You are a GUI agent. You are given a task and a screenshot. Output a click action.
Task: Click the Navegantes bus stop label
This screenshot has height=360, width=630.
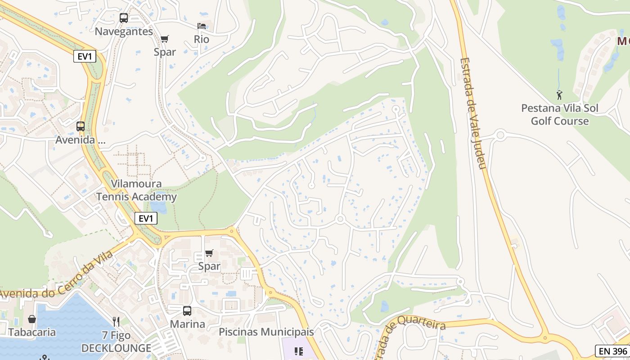pyautogui.click(x=124, y=31)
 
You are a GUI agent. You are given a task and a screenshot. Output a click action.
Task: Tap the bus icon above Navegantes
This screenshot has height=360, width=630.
pyautogui.click(x=124, y=18)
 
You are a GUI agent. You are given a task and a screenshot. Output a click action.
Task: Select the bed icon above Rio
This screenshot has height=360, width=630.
pyautogui.click(x=202, y=26)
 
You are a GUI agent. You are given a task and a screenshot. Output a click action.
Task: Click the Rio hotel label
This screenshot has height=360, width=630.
pyautogui.click(x=202, y=39)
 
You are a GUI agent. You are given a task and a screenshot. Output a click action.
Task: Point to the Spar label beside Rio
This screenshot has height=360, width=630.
pyautogui.click(x=165, y=52)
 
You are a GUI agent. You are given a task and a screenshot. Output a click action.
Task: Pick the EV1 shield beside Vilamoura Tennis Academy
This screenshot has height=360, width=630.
pyautogui.click(x=146, y=219)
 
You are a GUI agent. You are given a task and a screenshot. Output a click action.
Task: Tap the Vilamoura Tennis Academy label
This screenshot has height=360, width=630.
pyautogui.click(x=136, y=190)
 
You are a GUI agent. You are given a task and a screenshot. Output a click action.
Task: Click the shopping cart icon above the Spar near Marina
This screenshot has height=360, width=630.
pyautogui.click(x=209, y=253)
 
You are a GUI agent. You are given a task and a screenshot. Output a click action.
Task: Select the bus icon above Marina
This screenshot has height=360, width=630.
pyautogui.click(x=187, y=310)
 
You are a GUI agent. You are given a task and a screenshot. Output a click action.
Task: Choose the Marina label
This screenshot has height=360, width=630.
pyautogui.click(x=187, y=324)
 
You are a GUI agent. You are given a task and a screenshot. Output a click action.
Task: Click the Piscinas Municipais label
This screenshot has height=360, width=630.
pyautogui.click(x=266, y=332)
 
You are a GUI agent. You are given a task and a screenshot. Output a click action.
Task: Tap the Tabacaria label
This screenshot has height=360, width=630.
pyautogui.click(x=32, y=333)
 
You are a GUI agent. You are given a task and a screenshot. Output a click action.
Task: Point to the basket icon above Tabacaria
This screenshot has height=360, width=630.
pyautogui.click(x=32, y=319)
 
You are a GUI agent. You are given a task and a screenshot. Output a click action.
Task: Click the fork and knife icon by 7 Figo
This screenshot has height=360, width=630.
pyautogui.click(x=116, y=321)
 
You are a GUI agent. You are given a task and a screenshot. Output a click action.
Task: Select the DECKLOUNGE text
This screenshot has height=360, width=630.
pyautogui.click(x=116, y=348)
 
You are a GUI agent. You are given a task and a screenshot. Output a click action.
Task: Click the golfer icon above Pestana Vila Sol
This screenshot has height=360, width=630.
pyautogui.click(x=559, y=95)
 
